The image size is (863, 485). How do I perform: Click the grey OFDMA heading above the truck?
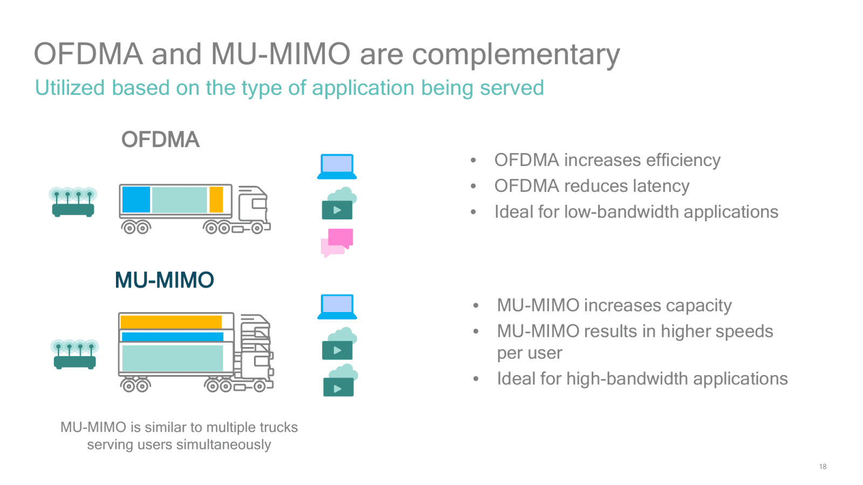[160, 140]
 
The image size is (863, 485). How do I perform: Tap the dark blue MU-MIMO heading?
[165, 280]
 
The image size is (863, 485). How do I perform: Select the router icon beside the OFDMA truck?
[73, 202]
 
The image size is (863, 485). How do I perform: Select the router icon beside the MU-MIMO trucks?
[74, 354]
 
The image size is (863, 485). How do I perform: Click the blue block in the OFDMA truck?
[136, 199]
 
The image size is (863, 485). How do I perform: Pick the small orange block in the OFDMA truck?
[216, 199]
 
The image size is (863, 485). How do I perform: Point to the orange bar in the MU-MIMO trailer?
[170, 322]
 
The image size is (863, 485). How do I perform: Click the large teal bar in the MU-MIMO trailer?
[172, 358]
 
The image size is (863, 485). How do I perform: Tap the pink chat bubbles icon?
[337, 242]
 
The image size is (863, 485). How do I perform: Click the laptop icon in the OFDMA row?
[337, 166]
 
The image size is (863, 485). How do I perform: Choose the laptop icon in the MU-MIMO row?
[337, 306]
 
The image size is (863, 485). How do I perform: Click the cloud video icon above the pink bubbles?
[338, 204]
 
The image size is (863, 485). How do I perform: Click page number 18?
[823, 467]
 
